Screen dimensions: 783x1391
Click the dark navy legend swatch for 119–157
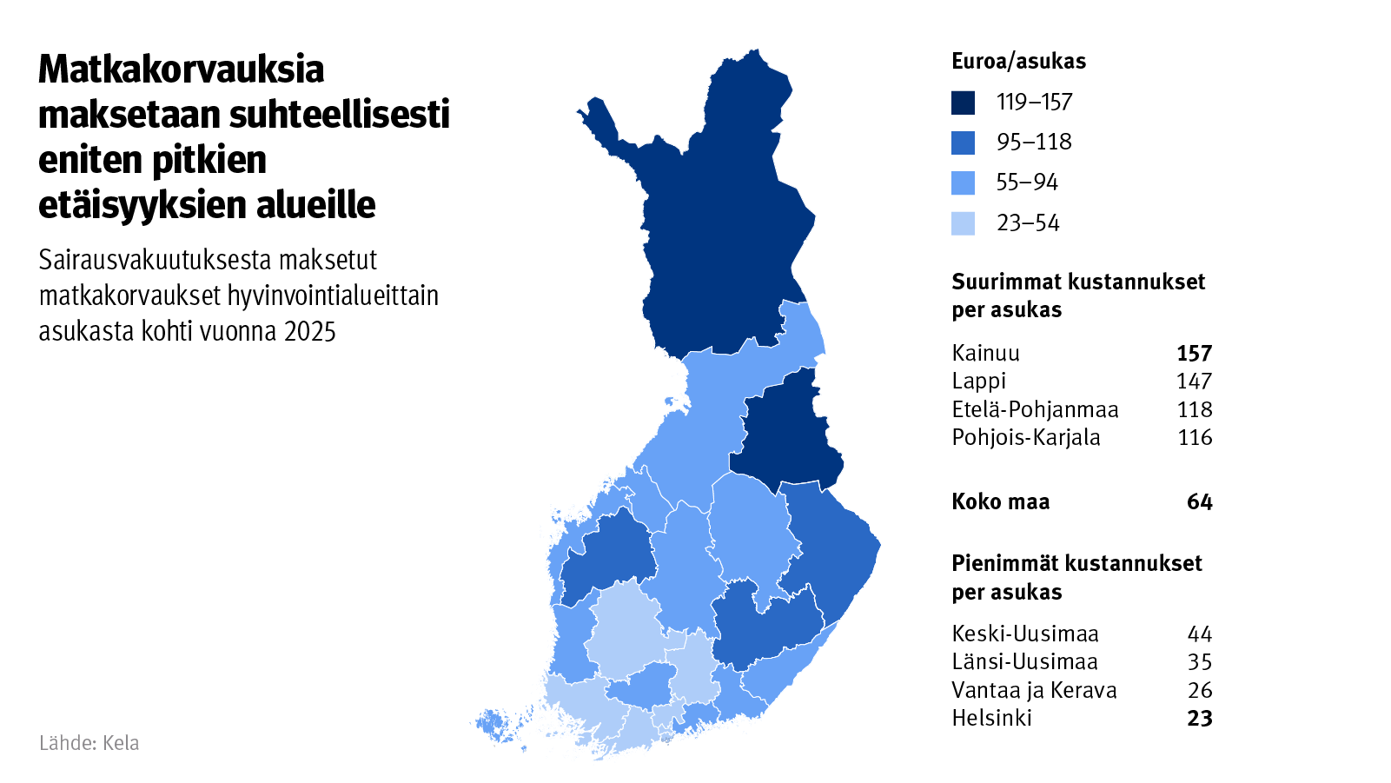click(963, 103)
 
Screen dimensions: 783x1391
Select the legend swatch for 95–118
click(963, 143)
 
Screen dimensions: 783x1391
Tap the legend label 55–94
click(1027, 182)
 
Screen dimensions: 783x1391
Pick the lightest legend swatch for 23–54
click(963, 223)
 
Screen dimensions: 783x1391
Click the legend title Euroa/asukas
click(1018, 61)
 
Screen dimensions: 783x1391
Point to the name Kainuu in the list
click(985, 353)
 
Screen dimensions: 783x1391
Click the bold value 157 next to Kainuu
click(1194, 353)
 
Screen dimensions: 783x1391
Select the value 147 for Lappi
click(1194, 382)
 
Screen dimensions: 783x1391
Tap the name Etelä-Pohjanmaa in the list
click(1035, 409)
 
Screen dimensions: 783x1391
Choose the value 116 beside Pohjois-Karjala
click(1195, 437)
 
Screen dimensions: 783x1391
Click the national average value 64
click(1199, 501)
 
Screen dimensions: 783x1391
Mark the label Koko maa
click(1000, 501)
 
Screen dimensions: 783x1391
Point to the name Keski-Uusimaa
click(1025, 634)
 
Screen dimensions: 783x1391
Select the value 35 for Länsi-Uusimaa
click(1199, 662)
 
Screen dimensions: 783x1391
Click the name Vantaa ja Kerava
click(1034, 690)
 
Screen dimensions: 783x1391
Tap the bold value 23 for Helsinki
click(1199, 718)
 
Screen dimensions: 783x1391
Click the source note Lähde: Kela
click(89, 743)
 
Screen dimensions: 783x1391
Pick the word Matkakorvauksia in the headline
click(181, 70)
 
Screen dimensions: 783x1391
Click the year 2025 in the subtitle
click(309, 331)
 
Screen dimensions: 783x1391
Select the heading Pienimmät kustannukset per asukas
click(1076, 577)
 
